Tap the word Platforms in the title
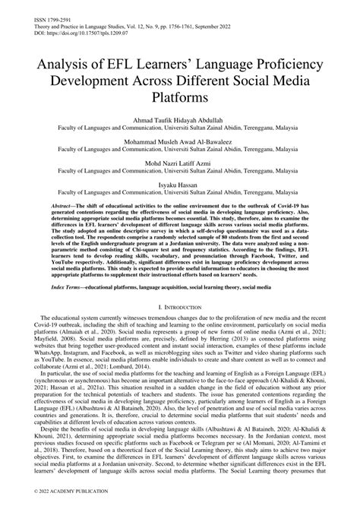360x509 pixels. [x=179, y=100]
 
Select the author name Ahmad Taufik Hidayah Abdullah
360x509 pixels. [x=179, y=119]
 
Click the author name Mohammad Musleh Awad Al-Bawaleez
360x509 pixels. [x=179, y=141]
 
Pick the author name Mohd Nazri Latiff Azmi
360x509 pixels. [x=179, y=162]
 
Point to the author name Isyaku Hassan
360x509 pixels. [x=179, y=183]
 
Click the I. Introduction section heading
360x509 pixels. [x=180, y=305]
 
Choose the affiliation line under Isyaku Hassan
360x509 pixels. [x=179, y=193]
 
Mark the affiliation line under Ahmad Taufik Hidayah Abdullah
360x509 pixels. [x=179, y=129]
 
